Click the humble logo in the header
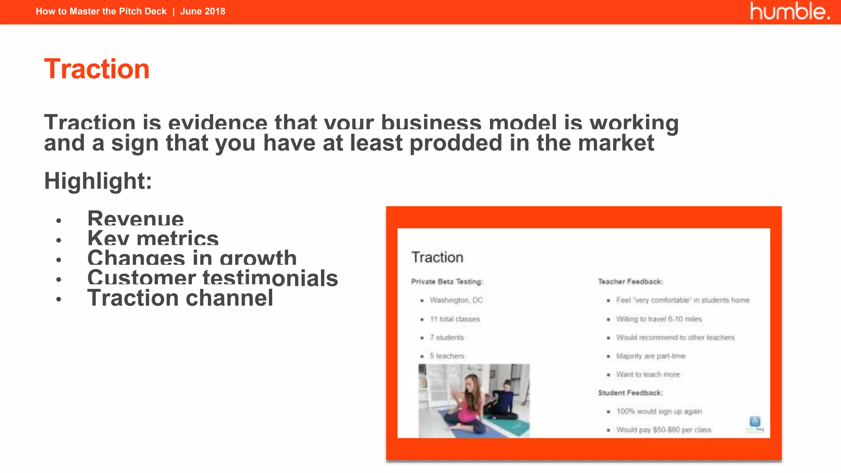(x=790, y=11)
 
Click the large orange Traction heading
(x=97, y=69)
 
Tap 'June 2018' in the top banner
(x=202, y=11)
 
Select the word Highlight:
(x=98, y=181)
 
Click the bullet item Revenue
(x=136, y=219)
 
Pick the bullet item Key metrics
(x=153, y=239)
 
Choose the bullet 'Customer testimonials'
(x=212, y=278)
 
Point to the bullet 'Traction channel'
(x=180, y=298)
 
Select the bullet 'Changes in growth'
(x=192, y=258)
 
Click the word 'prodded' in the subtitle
(x=456, y=143)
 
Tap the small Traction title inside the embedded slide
(x=437, y=257)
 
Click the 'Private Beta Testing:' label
(x=447, y=282)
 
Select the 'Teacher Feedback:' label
(x=630, y=282)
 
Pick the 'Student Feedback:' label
(x=630, y=393)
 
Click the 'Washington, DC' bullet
(x=456, y=300)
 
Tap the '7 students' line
(x=447, y=338)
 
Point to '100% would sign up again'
(x=659, y=411)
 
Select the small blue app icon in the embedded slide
(x=755, y=422)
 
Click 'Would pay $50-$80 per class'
(x=664, y=430)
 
